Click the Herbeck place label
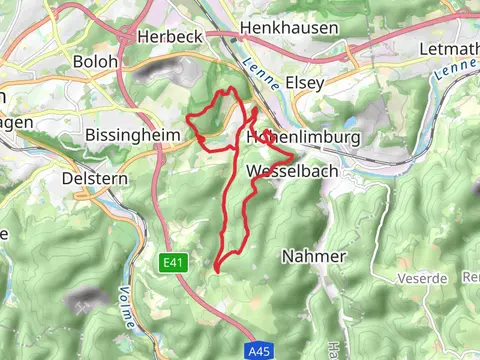point(170,35)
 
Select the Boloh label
point(95,61)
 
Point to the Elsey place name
point(304,83)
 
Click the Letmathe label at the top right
point(451,48)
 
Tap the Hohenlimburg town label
point(295,137)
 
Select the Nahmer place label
point(313,257)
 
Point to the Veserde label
point(421,277)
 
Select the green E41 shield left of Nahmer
point(172,262)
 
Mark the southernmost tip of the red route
point(216,269)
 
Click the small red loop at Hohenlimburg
point(265,137)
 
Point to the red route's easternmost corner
point(293,157)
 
